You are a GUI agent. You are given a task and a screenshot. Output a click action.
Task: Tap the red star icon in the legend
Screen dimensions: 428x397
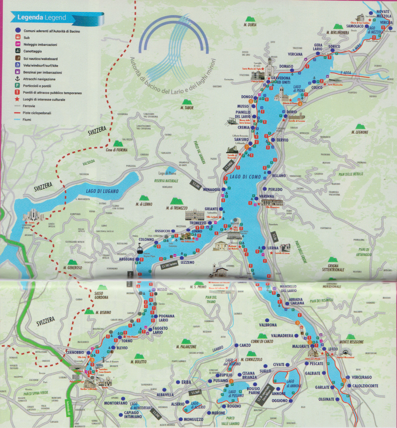click(x=17, y=99)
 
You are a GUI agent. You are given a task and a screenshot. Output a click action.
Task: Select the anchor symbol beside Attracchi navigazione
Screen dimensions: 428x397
click(x=17, y=79)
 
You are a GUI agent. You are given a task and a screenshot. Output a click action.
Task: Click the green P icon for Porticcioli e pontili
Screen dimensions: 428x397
click(x=17, y=86)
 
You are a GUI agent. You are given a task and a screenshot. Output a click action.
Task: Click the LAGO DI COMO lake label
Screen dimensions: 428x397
click(x=245, y=177)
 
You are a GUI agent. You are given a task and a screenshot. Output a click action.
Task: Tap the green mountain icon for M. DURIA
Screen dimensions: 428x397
click(x=249, y=19)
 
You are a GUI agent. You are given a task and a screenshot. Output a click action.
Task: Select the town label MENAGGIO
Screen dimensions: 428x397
click(x=211, y=190)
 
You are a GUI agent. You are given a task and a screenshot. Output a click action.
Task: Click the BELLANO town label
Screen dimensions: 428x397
click(x=279, y=176)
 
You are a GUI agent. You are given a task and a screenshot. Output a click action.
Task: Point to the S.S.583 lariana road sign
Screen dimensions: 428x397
click(x=170, y=265)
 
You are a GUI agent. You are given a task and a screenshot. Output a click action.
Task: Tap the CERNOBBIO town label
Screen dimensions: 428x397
click(x=75, y=353)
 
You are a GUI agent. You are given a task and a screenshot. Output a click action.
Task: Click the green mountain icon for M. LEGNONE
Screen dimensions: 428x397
click(x=359, y=126)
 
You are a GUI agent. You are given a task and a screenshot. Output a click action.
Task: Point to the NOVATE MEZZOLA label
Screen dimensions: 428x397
click(x=383, y=14)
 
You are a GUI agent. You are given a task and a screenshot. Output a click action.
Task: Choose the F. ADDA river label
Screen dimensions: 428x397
click(x=346, y=73)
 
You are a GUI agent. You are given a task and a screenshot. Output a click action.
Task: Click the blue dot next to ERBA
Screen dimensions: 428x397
click(x=178, y=382)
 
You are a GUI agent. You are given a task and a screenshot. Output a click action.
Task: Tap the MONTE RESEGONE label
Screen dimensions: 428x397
click(x=351, y=342)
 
